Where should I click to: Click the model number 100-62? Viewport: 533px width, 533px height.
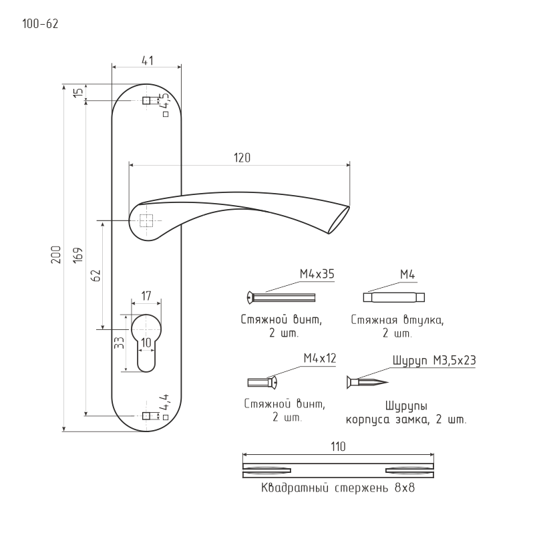pos(40,24)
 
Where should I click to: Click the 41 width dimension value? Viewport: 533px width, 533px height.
pos(147,61)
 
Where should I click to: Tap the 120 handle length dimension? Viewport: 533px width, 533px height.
pos(242,158)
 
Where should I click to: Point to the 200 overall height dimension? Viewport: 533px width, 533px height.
pos(55,254)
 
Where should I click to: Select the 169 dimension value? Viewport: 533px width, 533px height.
pos(78,254)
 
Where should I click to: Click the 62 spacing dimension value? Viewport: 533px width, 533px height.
pos(96,275)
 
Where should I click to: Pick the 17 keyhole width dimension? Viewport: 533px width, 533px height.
pos(146,296)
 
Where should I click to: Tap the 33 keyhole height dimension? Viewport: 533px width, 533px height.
pos(119,343)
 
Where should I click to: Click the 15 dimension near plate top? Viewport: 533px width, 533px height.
pos(78,92)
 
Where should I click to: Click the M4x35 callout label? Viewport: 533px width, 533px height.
pos(317,274)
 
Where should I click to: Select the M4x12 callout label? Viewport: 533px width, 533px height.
pos(320,358)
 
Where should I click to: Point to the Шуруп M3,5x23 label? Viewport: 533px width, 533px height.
pos(434,360)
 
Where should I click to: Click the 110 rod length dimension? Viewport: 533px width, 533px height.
pos(338,446)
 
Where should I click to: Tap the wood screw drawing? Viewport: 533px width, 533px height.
pos(367,383)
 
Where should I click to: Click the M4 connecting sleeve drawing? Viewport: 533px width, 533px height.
pos(394,297)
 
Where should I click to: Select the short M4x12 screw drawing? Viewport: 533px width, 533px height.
pos(262,383)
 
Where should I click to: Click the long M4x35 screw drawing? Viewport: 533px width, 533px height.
pos(281,298)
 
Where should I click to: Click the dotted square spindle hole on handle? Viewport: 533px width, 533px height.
pos(146,221)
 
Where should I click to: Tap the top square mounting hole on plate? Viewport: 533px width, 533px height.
pos(146,101)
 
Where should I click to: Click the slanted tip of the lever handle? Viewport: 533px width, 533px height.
pos(339,220)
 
